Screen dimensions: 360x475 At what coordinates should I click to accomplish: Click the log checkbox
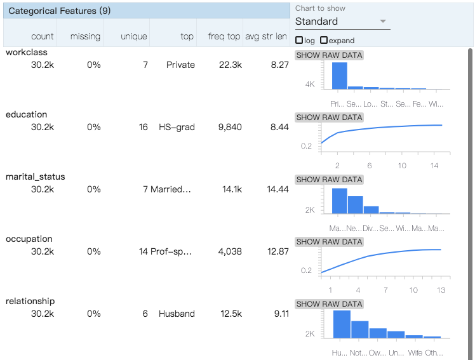(299, 41)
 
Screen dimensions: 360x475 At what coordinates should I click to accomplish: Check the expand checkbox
(324, 41)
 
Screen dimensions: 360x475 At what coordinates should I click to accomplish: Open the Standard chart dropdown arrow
(382, 21)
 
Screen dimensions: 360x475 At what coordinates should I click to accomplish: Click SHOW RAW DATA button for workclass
(329, 55)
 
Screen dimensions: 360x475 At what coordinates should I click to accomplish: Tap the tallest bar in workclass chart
(340, 75)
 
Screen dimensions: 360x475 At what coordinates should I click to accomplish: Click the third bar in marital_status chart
(371, 210)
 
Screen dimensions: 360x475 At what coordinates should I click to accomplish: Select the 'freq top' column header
(224, 36)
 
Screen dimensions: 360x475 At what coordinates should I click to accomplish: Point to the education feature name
(26, 114)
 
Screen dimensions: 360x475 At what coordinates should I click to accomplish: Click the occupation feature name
(29, 239)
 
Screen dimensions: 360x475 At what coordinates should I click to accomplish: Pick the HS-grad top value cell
(177, 127)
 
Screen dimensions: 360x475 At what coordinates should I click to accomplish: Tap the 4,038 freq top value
(229, 251)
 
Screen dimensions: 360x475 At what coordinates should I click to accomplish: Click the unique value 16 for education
(143, 127)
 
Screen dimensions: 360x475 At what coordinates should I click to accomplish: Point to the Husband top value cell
(177, 314)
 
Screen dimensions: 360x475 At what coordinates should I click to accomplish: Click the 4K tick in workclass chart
(310, 84)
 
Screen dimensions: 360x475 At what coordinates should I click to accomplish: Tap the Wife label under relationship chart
(414, 352)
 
